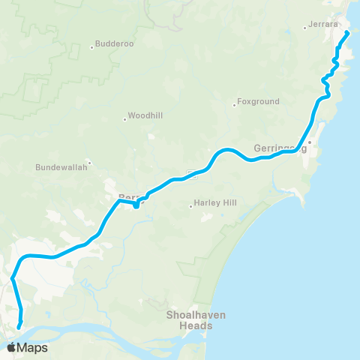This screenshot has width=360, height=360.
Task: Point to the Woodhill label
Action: tap(145, 116)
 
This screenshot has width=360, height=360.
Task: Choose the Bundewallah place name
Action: tap(62, 168)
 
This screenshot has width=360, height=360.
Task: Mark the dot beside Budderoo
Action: tap(92, 47)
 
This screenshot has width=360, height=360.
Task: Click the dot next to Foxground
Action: tap(234, 105)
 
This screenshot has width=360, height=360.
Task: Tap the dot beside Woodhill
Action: tap(125, 118)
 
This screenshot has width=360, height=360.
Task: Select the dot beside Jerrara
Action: tap(304, 28)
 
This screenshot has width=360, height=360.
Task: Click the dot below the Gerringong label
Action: tap(309, 142)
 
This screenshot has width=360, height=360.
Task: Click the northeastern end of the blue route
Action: tap(348, 33)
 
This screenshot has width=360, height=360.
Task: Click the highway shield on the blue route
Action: tap(193, 175)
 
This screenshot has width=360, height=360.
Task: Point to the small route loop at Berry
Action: tap(136, 205)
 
